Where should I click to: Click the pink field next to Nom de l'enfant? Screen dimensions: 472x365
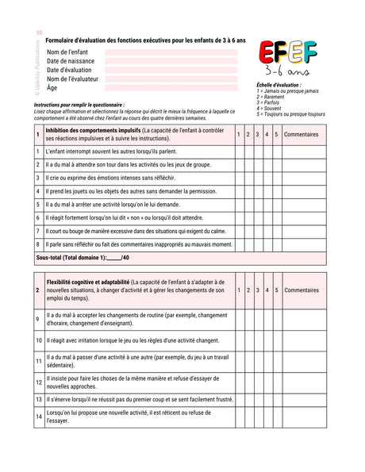click(x=171, y=52)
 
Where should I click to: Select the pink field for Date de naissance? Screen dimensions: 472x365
click(x=171, y=61)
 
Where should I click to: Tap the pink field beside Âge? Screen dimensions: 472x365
click(x=171, y=87)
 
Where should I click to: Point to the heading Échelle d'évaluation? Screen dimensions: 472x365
click(x=279, y=84)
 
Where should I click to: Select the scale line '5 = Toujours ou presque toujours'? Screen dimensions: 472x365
click(x=290, y=114)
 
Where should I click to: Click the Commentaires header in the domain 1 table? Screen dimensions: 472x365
click(x=301, y=134)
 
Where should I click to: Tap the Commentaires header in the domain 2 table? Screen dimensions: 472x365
click(x=301, y=290)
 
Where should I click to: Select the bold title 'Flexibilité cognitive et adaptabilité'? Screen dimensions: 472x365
click(x=88, y=282)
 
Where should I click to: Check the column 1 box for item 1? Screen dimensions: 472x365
click(x=239, y=151)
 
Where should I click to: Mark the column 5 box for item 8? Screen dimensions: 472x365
click(x=276, y=244)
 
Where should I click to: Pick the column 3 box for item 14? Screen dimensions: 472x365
click(x=258, y=416)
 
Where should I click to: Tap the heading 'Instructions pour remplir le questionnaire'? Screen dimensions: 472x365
click(x=79, y=105)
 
